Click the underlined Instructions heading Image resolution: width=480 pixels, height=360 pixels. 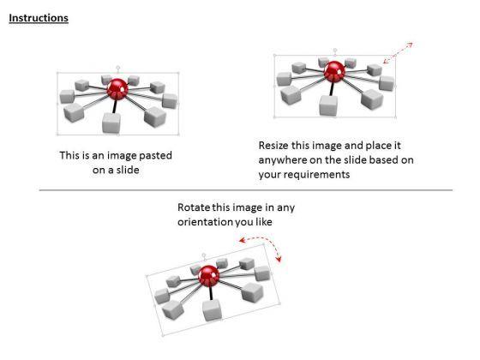pyautogui.click(x=39, y=18)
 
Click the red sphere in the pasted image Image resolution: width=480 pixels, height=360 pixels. pyautogui.click(x=117, y=89)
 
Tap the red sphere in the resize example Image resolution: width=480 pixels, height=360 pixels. pyautogui.click(x=334, y=72)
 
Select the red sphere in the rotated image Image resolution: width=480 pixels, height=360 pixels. pyautogui.click(x=209, y=276)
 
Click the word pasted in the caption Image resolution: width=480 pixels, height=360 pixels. pyautogui.click(x=155, y=156)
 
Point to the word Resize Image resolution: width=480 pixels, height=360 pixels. pyautogui.click(x=273, y=145)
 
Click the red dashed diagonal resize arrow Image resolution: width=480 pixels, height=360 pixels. pyautogui.click(x=398, y=53)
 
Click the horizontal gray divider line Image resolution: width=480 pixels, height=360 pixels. pyautogui.click(x=246, y=190)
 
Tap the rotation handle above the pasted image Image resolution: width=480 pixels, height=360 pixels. pyautogui.click(x=118, y=68)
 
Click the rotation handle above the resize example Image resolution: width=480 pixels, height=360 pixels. pyautogui.click(x=335, y=50)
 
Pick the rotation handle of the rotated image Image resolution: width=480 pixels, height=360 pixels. pyautogui.click(x=204, y=255)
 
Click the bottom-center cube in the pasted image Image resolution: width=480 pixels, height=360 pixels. pyautogui.click(x=111, y=123)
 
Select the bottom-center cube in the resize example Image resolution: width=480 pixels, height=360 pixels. pyautogui.click(x=328, y=105)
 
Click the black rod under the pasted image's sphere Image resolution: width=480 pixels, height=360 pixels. pyautogui.click(x=115, y=106)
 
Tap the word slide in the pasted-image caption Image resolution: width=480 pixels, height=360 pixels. pyautogui.click(x=128, y=170)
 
